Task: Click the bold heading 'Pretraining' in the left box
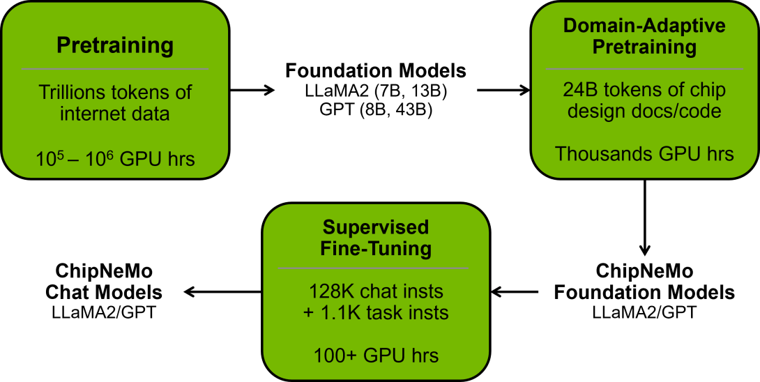115,46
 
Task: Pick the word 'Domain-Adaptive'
644,26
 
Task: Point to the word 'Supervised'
376,227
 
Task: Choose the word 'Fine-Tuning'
376,249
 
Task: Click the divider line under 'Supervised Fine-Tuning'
373,268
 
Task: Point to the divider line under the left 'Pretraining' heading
115,69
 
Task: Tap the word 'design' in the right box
595,111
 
